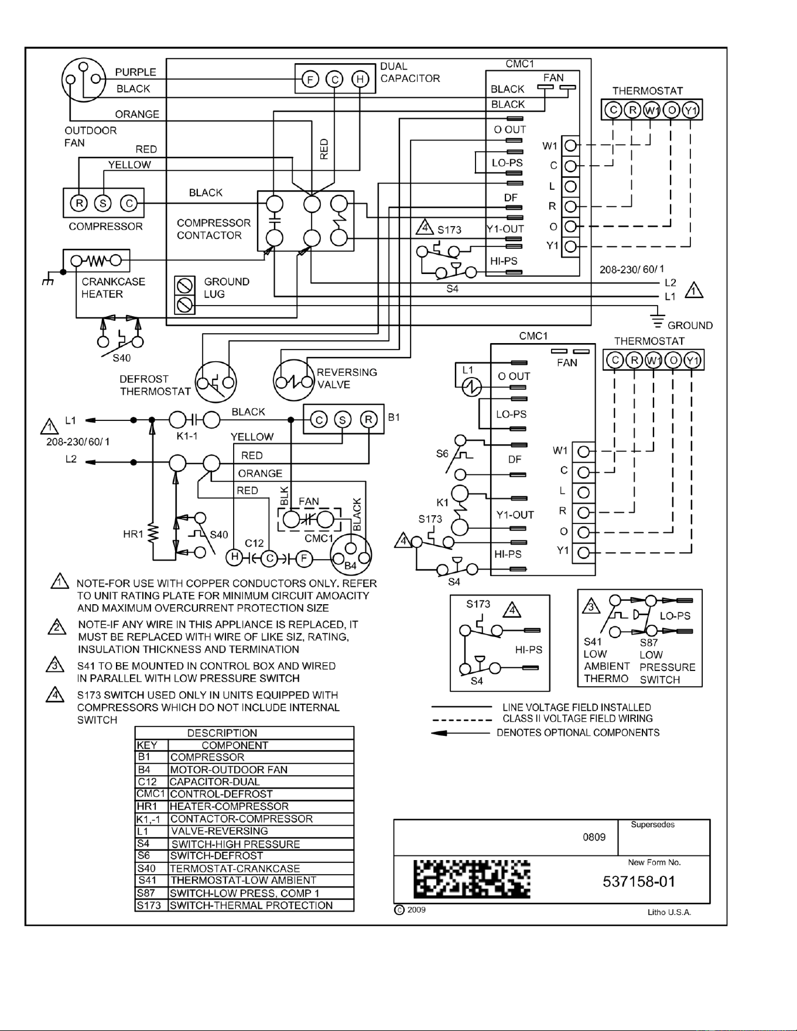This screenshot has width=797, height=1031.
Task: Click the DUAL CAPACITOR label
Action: (410, 73)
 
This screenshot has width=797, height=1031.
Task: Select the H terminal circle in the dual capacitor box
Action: (360, 79)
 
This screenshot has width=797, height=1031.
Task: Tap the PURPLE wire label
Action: (136, 72)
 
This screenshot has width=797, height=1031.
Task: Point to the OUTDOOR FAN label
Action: (91, 136)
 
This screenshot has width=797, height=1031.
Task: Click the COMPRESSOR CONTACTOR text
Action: (214, 229)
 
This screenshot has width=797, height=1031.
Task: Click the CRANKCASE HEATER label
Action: (113, 287)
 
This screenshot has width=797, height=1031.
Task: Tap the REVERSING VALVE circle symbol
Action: (294, 381)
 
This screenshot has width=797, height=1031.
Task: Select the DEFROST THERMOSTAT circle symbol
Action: (216, 383)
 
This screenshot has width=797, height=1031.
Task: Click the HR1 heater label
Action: (133, 534)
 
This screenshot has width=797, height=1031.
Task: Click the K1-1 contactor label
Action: (187, 436)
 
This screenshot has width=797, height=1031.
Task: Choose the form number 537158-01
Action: (639, 882)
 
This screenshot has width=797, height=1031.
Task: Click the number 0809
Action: (594, 837)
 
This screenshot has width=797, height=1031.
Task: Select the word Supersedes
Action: (653, 825)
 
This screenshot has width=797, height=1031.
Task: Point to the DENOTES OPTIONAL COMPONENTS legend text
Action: (578, 732)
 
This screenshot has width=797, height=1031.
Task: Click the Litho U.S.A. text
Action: (669, 913)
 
